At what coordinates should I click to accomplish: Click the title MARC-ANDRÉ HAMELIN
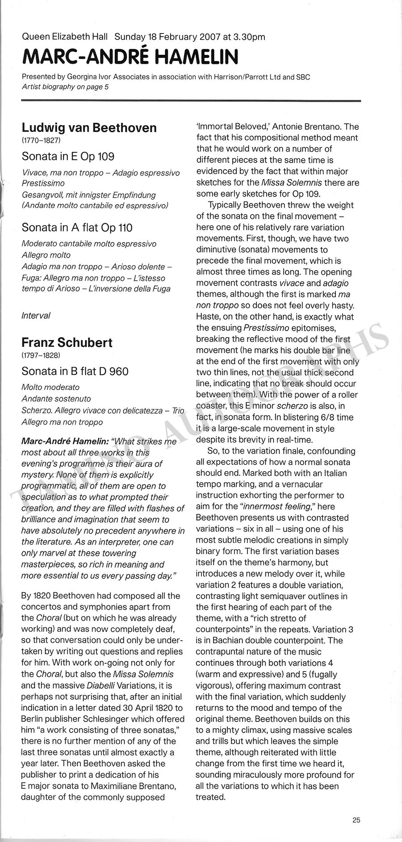(x=130, y=57)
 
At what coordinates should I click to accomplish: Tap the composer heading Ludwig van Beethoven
(x=89, y=128)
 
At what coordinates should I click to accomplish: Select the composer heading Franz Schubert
(x=67, y=343)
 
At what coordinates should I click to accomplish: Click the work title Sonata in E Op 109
(x=68, y=156)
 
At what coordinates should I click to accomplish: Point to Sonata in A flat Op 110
(x=77, y=228)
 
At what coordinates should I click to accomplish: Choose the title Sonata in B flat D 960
(x=75, y=371)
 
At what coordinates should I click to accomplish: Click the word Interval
(x=36, y=316)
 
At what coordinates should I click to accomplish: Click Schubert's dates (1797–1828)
(x=41, y=356)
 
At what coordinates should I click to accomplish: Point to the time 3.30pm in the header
(x=252, y=38)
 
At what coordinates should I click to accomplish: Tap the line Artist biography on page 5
(x=65, y=87)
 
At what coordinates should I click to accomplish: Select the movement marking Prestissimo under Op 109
(x=43, y=183)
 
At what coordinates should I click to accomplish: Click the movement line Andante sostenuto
(x=56, y=399)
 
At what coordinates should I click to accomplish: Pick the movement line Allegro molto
(x=46, y=255)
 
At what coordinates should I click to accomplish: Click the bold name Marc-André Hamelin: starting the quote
(x=65, y=442)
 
